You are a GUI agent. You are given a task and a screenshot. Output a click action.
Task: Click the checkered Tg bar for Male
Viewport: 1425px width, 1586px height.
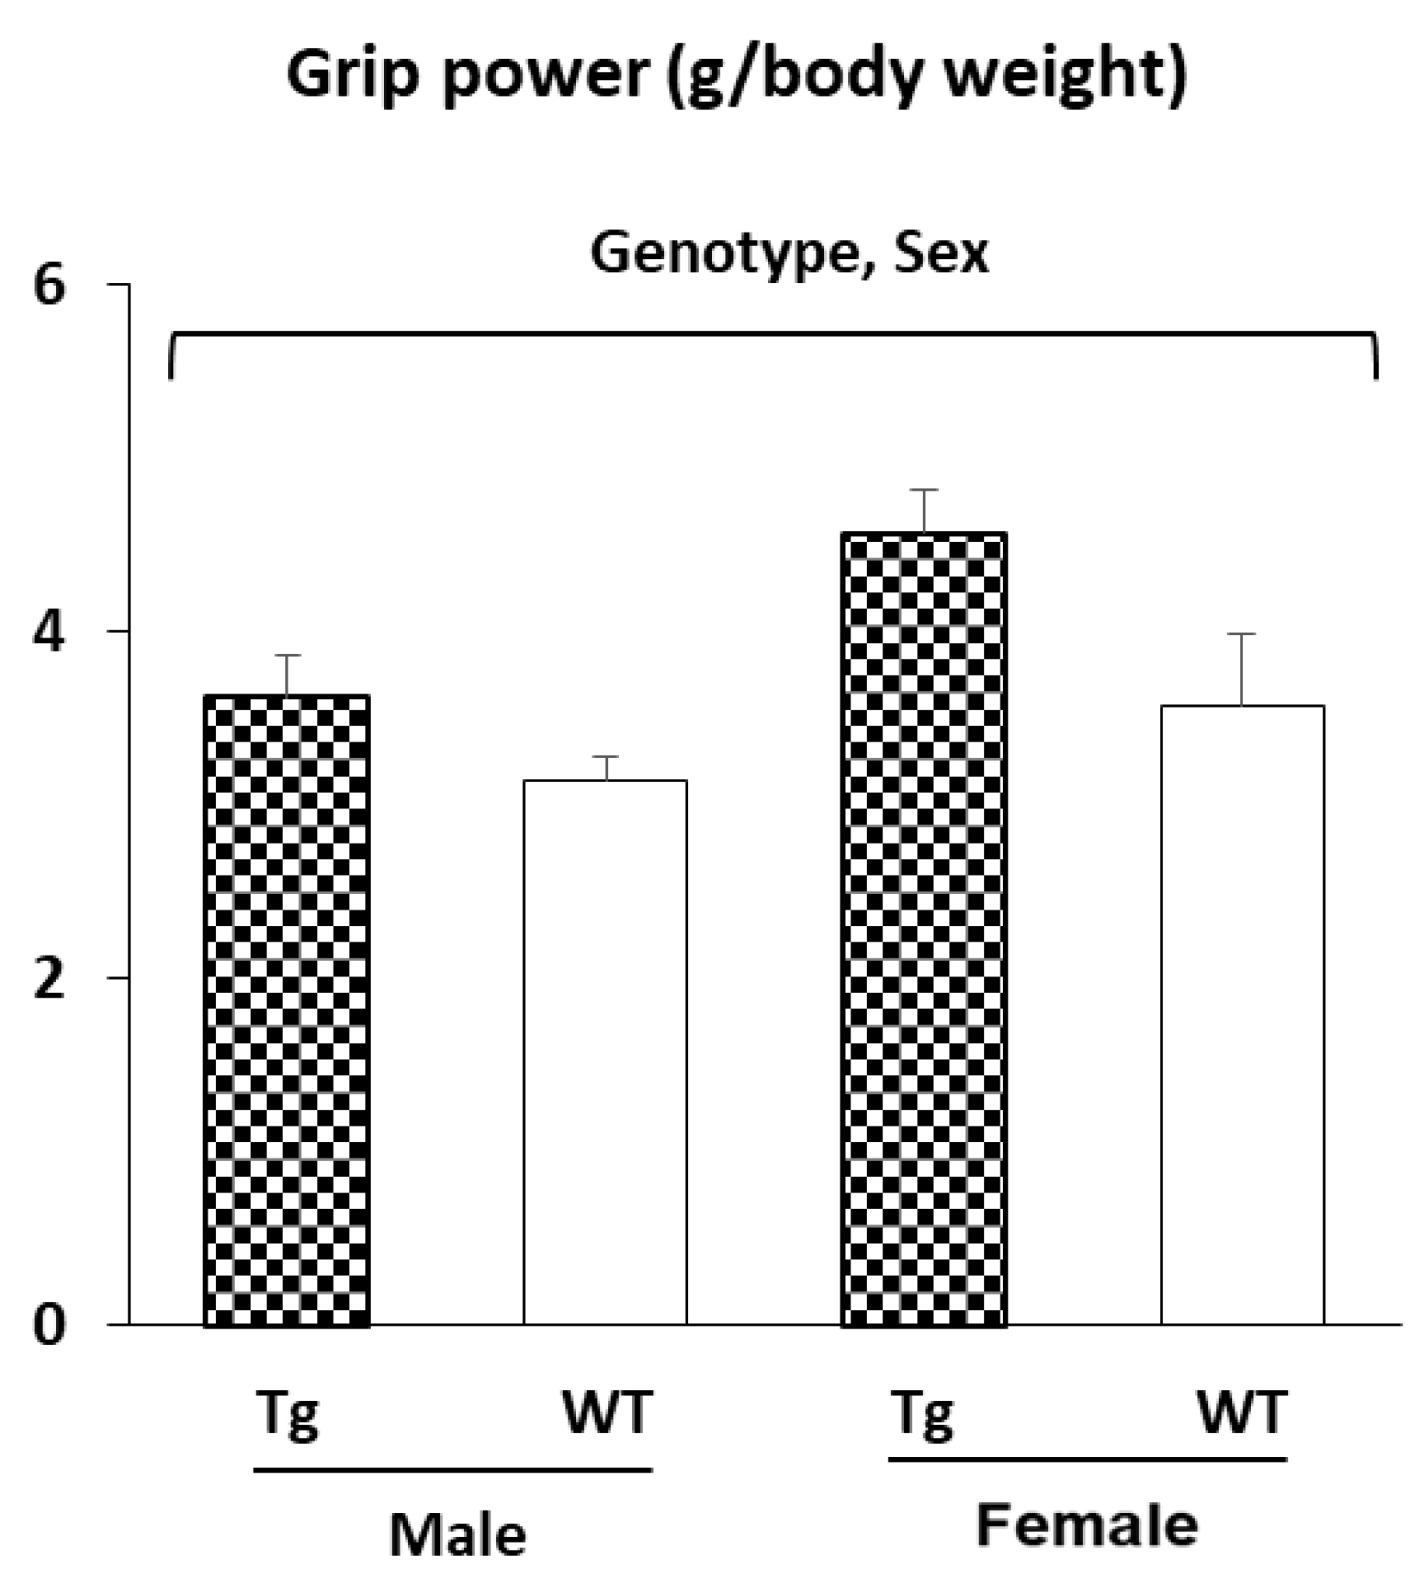click(x=287, y=1011)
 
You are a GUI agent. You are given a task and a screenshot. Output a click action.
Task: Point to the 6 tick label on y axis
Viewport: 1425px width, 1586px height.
click(x=49, y=288)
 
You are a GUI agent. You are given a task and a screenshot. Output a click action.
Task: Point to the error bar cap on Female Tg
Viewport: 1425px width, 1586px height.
click(x=924, y=490)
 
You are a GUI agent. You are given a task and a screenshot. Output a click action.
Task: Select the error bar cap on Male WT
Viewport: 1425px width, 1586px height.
click(x=606, y=757)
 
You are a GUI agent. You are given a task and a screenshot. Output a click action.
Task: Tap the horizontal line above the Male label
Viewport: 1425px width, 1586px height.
click(x=452, y=1470)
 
